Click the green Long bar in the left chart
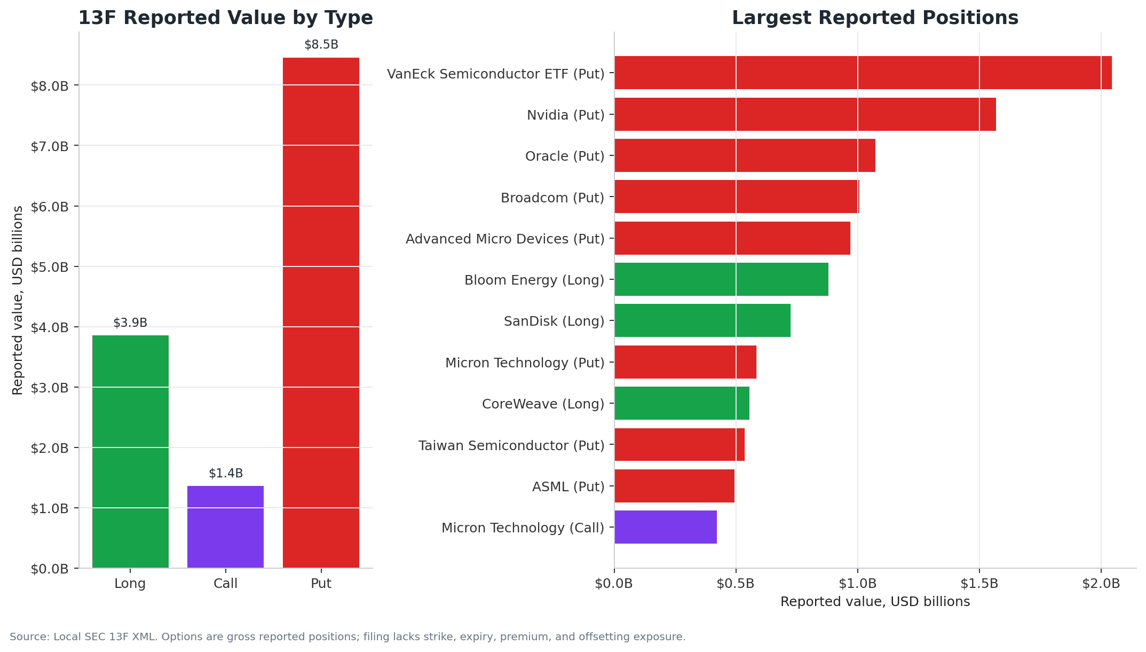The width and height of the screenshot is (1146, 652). pyautogui.click(x=130, y=452)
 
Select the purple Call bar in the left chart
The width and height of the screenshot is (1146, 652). pyautogui.click(x=225, y=527)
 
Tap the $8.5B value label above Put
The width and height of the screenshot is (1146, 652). pyautogui.click(x=321, y=45)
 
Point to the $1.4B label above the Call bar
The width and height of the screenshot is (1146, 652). pyautogui.click(x=226, y=474)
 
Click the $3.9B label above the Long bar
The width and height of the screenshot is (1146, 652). pyautogui.click(x=130, y=323)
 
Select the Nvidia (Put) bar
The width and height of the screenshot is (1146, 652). pyautogui.click(x=805, y=114)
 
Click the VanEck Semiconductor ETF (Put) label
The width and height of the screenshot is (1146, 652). pyautogui.click(x=496, y=74)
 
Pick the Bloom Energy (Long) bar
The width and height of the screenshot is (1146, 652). pyautogui.click(x=721, y=279)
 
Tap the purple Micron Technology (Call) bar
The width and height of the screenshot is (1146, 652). pyautogui.click(x=666, y=527)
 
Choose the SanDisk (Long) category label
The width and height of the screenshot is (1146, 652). pyautogui.click(x=554, y=321)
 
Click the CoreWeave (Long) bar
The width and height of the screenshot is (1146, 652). pyautogui.click(x=682, y=403)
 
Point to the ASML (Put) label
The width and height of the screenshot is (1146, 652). pyautogui.click(x=568, y=487)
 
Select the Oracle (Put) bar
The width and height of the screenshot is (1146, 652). pyautogui.click(x=745, y=155)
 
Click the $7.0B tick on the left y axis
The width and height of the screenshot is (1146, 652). pyautogui.click(x=50, y=146)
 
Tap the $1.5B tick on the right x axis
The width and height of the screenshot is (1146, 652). pyautogui.click(x=979, y=584)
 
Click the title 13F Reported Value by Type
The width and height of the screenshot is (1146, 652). pyautogui.click(x=226, y=18)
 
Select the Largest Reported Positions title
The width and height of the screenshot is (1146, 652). pyautogui.click(x=875, y=18)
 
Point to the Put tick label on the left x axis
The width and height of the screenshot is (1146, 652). pyautogui.click(x=321, y=584)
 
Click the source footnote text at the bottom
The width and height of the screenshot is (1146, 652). pyautogui.click(x=347, y=637)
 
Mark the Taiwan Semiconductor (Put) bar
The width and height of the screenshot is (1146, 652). pyautogui.click(x=679, y=444)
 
